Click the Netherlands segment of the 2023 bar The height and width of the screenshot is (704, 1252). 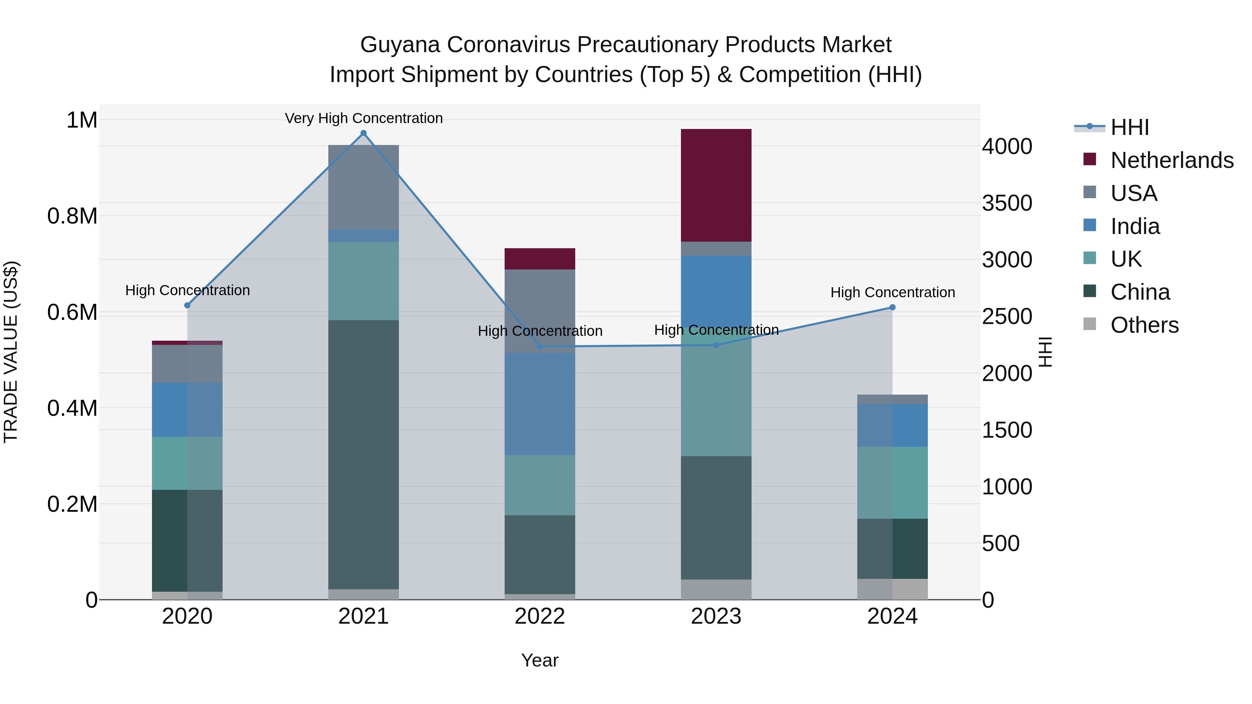tap(716, 185)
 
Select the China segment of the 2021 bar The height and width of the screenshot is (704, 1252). tap(363, 454)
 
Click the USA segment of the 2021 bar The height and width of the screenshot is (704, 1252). tap(363, 187)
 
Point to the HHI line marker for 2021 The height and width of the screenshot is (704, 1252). tap(363, 133)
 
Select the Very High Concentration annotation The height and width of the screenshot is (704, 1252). tap(363, 118)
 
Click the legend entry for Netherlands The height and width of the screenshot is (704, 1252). tap(1171, 160)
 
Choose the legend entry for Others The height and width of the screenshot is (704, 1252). tap(1144, 325)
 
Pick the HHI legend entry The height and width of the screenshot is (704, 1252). tap(1130, 127)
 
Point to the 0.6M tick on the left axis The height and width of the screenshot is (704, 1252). tap(72, 313)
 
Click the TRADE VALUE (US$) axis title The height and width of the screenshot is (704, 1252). tap(11, 352)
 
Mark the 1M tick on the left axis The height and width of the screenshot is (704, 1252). tap(82, 120)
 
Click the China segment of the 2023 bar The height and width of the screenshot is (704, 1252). tap(716, 517)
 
